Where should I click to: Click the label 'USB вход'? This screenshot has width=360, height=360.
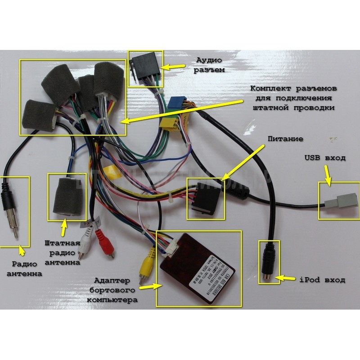(x=324, y=158)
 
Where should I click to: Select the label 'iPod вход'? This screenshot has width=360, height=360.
(x=322, y=280)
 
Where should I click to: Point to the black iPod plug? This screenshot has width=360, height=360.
(x=269, y=261)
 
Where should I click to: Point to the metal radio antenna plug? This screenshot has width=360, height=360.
(x=13, y=220)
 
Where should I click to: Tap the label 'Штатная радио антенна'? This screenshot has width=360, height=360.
(x=63, y=252)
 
